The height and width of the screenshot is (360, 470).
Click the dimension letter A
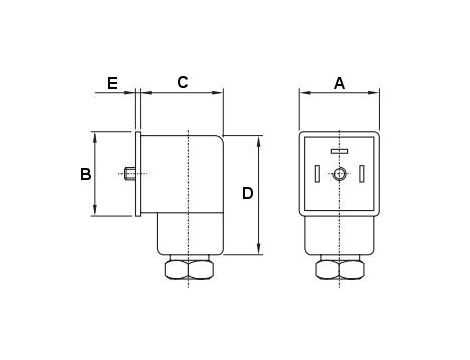tap(339, 84)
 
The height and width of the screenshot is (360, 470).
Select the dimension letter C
tap(183, 83)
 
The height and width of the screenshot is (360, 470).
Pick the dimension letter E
tap(113, 83)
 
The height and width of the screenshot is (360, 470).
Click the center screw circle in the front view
tap(340, 175)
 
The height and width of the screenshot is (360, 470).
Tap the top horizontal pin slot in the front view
tap(340, 152)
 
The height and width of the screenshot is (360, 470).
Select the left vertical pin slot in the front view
tap(317, 175)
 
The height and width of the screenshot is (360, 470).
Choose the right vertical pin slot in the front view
tap(363, 175)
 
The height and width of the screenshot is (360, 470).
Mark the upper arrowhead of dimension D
tap(261, 140)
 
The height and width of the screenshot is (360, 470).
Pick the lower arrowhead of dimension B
tap(95, 213)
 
